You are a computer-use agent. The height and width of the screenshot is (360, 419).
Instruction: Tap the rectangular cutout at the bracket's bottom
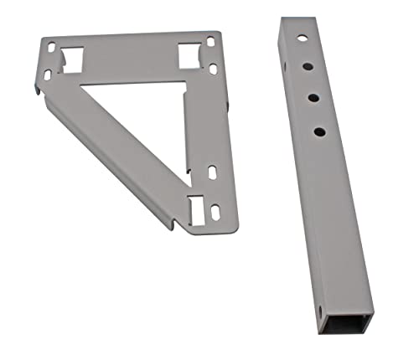[x=195, y=209]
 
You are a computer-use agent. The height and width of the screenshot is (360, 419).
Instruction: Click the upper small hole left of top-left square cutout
[x=51, y=49]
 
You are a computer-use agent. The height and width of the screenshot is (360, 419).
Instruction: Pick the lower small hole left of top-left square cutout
[x=47, y=75]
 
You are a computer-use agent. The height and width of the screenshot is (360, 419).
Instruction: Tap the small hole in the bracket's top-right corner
[x=210, y=40]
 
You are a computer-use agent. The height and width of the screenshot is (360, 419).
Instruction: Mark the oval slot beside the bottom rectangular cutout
[x=215, y=211]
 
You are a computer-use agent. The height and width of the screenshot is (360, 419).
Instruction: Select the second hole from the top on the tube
[x=307, y=67]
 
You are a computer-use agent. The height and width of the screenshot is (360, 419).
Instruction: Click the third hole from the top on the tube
[x=312, y=98]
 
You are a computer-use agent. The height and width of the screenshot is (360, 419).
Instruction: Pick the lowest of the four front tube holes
[x=318, y=131]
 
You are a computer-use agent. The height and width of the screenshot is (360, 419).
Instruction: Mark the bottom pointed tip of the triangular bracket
[x=172, y=226]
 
